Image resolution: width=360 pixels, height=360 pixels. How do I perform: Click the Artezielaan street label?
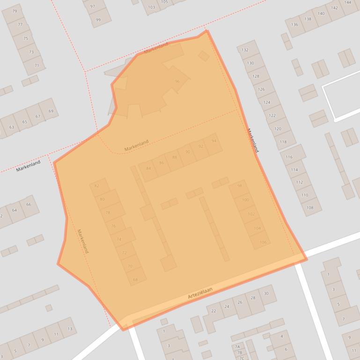click(x=200, y=293)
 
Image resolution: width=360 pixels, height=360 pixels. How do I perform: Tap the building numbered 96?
click(x=177, y=81)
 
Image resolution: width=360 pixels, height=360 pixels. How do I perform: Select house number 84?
click(x=148, y=168)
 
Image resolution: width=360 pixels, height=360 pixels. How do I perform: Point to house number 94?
click(x=213, y=141)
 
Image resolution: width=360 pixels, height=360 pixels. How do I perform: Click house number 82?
click(x=97, y=186)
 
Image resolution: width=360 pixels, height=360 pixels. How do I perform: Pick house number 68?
click(x=136, y=280)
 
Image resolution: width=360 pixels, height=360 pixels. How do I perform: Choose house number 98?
click(x=240, y=186)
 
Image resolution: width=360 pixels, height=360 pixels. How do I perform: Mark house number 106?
click(x=263, y=242)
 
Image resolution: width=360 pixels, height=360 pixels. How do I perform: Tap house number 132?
click(x=245, y=50)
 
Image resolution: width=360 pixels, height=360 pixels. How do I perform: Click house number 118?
click(x=283, y=142)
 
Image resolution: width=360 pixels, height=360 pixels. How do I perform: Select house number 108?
click(x=310, y=208)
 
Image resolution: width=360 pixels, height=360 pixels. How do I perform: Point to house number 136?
click(x=294, y=25)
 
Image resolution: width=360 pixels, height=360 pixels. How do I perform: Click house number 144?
click(x=348, y=2)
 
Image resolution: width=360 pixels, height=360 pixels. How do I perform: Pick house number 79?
click(x=15, y=11)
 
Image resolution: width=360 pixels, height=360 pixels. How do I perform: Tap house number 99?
click(x=98, y=20)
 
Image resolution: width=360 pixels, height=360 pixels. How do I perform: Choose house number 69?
click(x=51, y=111)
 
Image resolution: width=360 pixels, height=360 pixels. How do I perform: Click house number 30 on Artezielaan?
click(x=266, y=293)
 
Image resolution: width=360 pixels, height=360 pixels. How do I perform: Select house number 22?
click(x=213, y=311)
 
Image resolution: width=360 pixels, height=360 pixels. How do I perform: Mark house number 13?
click(x=69, y=329)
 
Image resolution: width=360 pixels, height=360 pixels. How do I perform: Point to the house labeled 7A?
click(x=237, y=347)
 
